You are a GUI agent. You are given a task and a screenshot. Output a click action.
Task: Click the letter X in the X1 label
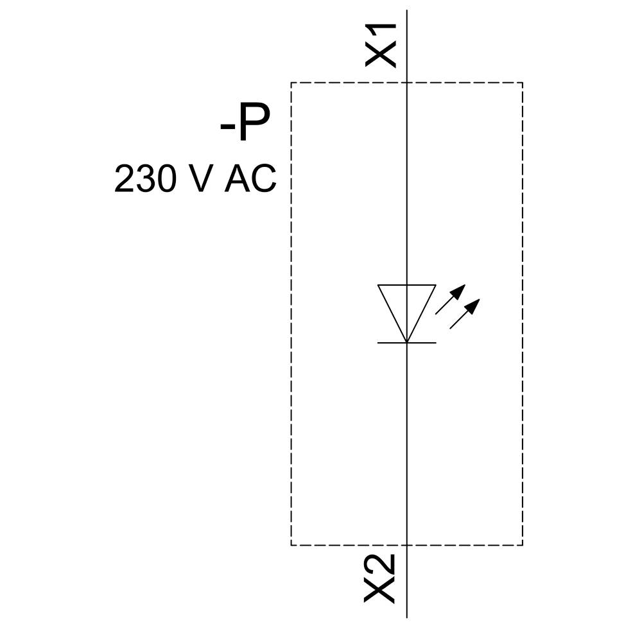(x=381, y=55)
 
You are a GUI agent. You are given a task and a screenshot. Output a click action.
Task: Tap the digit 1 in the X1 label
(x=381, y=33)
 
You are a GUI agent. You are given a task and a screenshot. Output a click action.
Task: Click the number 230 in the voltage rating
(x=145, y=178)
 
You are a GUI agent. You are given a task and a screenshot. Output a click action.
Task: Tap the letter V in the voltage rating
(x=202, y=178)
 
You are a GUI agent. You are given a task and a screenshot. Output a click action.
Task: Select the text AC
(x=250, y=178)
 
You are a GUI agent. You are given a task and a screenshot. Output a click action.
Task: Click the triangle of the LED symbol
(x=407, y=307)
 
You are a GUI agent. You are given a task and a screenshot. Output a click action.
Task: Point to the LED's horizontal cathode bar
(x=407, y=343)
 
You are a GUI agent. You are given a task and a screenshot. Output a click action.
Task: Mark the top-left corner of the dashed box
(x=291, y=83)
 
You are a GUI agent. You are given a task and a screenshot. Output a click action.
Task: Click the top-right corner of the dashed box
(x=523, y=83)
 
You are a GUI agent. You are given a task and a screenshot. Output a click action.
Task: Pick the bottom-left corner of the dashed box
(x=291, y=545)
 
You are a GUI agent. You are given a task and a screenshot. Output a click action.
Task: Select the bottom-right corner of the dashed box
(x=523, y=545)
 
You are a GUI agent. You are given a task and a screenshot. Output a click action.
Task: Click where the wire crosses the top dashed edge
(x=407, y=83)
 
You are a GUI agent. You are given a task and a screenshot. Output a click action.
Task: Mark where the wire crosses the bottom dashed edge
(x=407, y=545)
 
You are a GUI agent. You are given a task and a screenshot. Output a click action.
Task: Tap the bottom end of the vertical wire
(x=407, y=617)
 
